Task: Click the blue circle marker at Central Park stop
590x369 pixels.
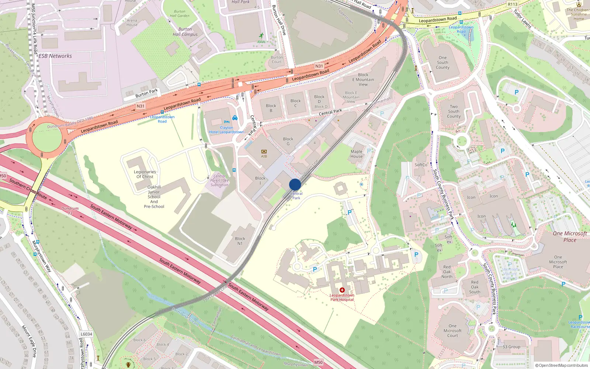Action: point(295,184)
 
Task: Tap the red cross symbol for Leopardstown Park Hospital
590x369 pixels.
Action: point(342,290)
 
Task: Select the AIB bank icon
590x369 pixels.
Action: point(264,151)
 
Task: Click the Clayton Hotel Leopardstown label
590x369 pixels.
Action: point(226,130)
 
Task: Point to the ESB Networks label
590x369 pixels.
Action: point(55,56)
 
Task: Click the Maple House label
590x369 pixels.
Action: point(357,154)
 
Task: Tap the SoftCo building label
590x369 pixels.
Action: point(421,165)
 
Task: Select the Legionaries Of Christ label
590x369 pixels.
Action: point(145,174)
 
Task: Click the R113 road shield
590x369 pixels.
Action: point(513,4)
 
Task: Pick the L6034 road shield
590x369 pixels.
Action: point(86,334)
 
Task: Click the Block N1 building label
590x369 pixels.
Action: point(240,241)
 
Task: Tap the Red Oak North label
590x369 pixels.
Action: point(447,272)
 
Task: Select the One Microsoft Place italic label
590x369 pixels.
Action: point(570,237)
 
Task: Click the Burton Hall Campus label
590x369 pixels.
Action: point(185,32)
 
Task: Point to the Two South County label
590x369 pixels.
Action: point(454,111)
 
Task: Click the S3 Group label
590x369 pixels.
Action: point(511,347)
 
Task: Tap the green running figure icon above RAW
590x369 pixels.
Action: point(261,36)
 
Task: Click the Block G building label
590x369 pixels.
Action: point(288,141)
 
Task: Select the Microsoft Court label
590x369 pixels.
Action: point(452,331)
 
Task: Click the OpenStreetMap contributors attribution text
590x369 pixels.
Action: point(562,365)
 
